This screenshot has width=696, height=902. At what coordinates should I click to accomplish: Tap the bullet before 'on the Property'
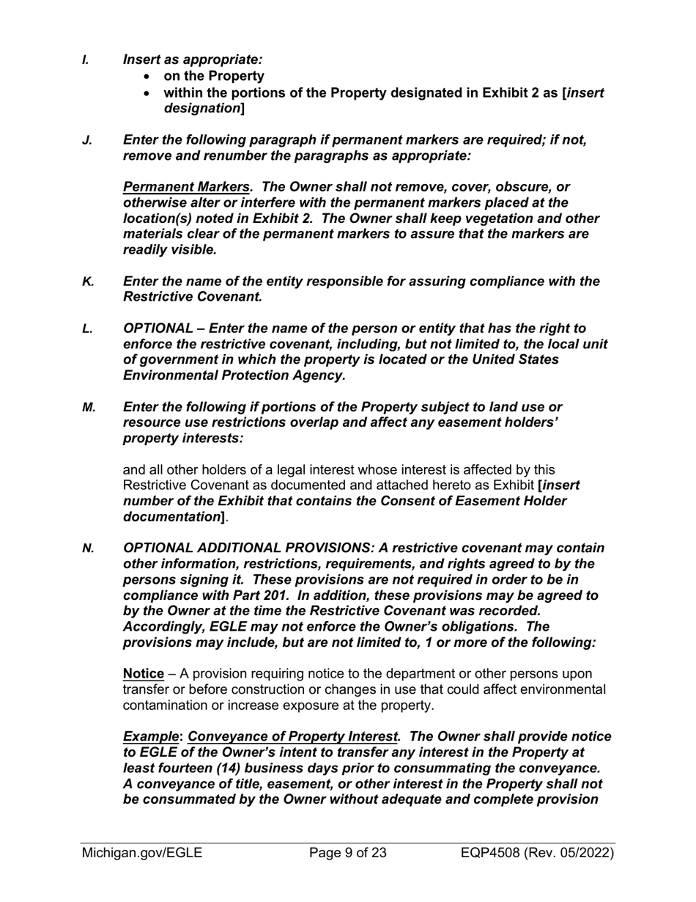coord(149,76)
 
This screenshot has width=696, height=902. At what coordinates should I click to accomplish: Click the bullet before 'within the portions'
coord(149,93)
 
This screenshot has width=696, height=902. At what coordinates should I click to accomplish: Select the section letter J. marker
coord(86,139)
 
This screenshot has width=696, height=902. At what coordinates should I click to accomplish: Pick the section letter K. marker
coord(87,282)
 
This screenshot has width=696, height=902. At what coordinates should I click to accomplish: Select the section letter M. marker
coord(89,406)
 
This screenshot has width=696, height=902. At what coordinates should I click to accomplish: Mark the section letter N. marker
coord(88,548)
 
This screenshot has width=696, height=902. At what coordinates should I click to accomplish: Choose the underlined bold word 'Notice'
coord(143,673)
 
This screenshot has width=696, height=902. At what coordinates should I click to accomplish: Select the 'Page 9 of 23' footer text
coord(348,853)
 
